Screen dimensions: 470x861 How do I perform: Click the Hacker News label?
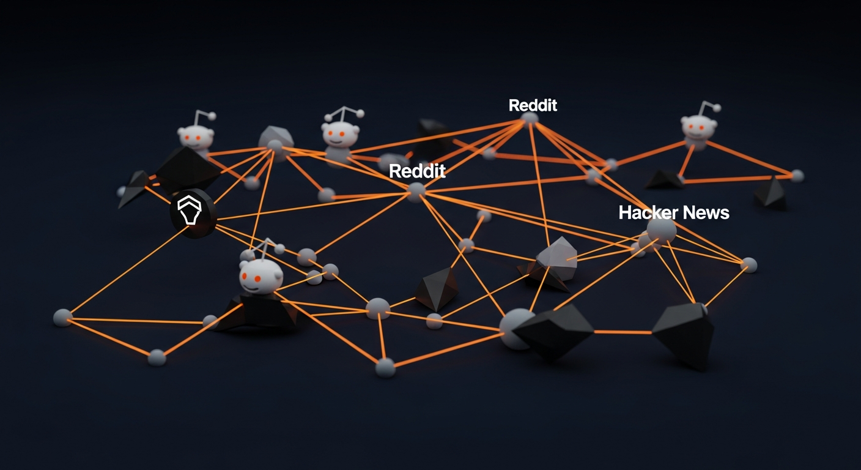674,213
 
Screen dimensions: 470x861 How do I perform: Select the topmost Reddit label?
533,105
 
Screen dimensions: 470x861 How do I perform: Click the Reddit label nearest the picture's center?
417,171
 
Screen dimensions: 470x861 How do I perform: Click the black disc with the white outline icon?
193,212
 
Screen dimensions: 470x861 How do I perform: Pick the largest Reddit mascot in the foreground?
261,275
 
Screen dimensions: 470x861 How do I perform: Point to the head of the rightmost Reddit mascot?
698,128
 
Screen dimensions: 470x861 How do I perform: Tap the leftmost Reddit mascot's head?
196,136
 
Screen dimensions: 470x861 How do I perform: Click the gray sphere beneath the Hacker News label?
662,231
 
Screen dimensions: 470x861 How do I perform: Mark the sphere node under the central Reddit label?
416,191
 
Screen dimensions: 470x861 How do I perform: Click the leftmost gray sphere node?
62,317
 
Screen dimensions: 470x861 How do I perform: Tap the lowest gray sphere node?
385,367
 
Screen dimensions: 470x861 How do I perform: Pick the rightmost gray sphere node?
797,176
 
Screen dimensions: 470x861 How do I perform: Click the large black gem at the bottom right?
683,334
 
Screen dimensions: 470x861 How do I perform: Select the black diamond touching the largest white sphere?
554,330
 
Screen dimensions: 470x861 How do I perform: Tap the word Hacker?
648,213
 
